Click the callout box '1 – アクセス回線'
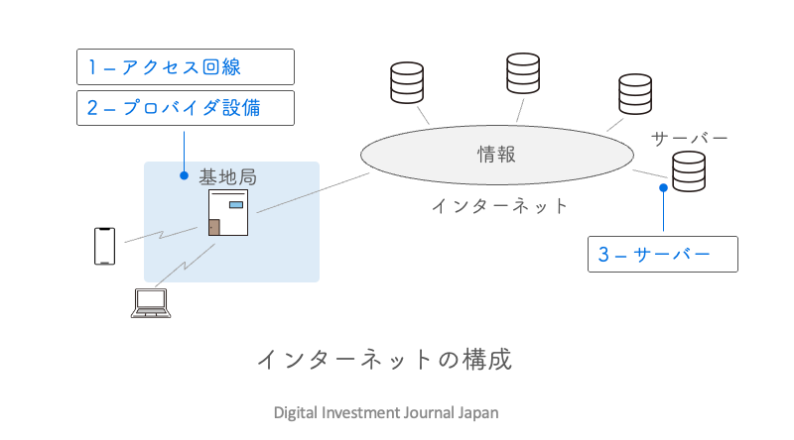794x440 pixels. [x=186, y=67]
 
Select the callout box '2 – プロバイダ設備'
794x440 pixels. [x=186, y=108]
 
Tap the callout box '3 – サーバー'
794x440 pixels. [x=663, y=254]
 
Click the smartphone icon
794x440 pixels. [x=104, y=246]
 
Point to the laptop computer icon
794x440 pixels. [x=152, y=302]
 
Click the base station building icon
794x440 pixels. [x=228, y=213]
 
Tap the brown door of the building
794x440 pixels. [x=213, y=226]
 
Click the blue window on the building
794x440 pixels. [x=236, y=204]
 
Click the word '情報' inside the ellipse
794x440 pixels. [x=497, y=155]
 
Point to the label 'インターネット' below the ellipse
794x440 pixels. [x=500, y=206]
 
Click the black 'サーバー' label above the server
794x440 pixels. [x=690, y=137]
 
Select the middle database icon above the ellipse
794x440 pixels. [x=522, y=73]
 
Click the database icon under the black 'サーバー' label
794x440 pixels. [x=688, y=171]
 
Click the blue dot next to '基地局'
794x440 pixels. [x=184, y=176]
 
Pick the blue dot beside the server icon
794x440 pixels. [x=663, y=187]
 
